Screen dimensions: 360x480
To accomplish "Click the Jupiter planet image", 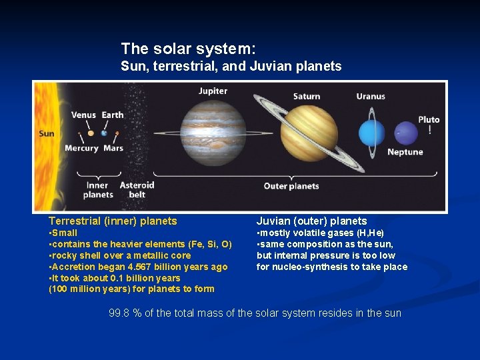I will pyautogui.click(x=213, y=132).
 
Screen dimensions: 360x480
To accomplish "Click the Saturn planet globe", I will pyautogui.click(x=309, y=133).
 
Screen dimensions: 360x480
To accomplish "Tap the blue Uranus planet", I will pyautogui.click(x=371, y=132).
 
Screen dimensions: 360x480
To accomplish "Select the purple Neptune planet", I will pyautogui.click(x=405, y=133).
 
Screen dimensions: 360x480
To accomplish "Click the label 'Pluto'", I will pyautogui.click(x=429, y=119).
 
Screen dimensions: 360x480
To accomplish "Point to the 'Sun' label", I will pyautogui.click(x=47, y=133).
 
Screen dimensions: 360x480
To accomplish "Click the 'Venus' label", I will pyautogui.click(x=83, y=115).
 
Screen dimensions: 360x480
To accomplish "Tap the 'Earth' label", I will pyautogui.click(x=113, y=115).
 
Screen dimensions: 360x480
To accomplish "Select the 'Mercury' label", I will pyautogui.click(x=81, y=149).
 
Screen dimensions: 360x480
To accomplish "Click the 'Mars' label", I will pyautogui.click(x=113, y=149).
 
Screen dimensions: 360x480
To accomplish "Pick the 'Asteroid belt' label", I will pyautogui.click(x=137, y=190).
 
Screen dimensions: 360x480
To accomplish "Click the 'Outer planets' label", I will pyautogui.click(x=291, y=186).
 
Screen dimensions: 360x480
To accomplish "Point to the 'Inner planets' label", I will pyautogui.click(x=98, y=190).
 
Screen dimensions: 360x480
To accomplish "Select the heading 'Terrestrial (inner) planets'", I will pyautogui.click(x=113, y=221).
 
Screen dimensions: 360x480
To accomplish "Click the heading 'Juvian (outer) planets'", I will pyautogui.click(x=311, y=221).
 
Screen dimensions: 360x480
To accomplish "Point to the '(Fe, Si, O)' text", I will pyautogui.click(x=210, y=244).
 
